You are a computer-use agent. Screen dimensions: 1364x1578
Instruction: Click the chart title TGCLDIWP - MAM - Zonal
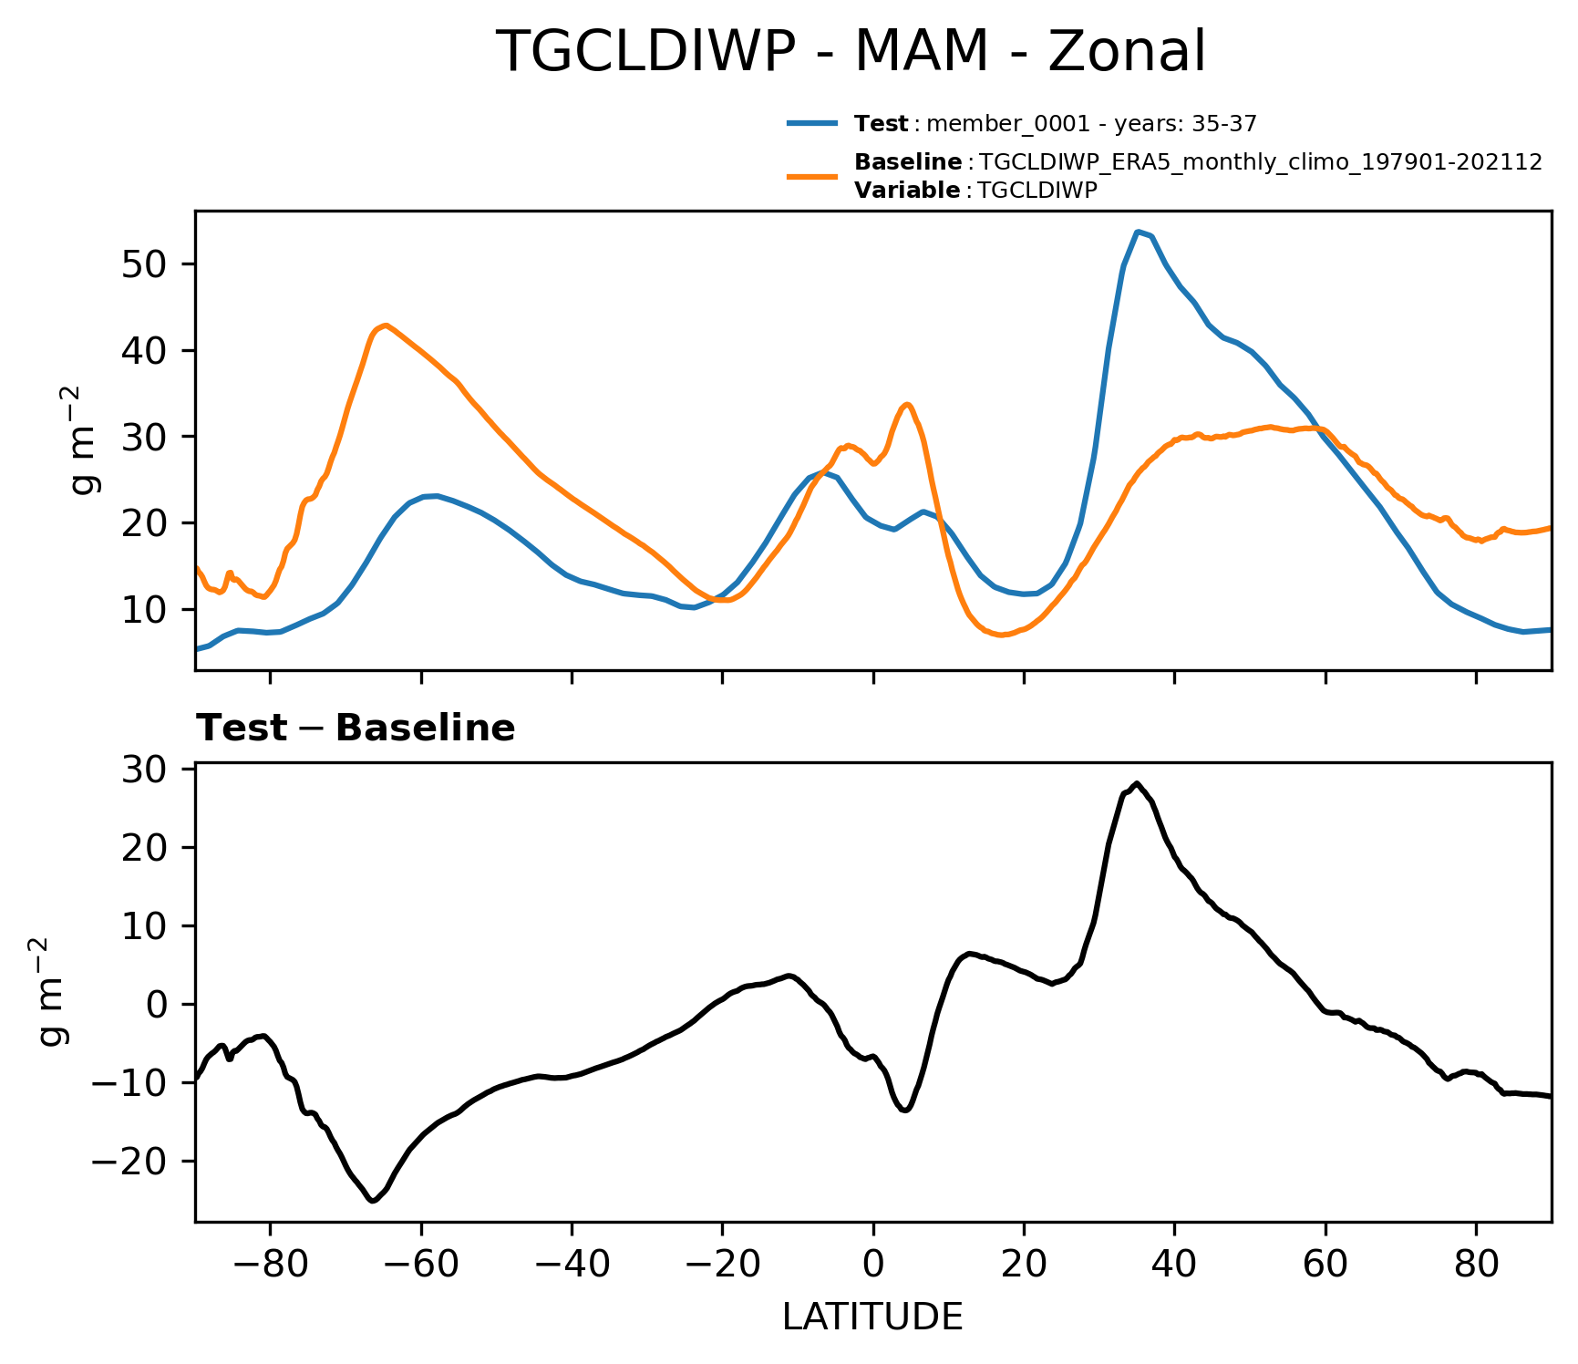850,52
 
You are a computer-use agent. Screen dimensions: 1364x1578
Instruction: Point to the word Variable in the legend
907,191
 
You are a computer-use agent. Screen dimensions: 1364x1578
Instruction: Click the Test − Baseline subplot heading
356,728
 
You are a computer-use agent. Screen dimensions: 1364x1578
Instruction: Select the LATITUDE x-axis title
872,1317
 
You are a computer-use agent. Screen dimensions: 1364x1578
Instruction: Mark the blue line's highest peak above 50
1138,232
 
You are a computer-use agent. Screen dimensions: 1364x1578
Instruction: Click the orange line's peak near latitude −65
387,325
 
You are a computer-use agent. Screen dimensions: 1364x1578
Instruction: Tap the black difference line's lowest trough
373,1201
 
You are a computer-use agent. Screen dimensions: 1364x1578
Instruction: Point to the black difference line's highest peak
1137,783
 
